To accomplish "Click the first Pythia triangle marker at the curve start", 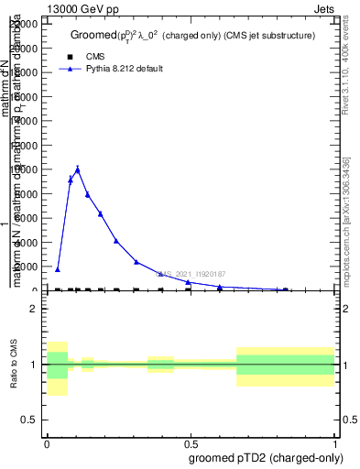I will pos(58,269).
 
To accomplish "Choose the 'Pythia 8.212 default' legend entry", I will pos(124,69).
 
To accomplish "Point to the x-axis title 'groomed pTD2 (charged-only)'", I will pos(267,457).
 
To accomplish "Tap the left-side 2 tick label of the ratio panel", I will pos(33,310).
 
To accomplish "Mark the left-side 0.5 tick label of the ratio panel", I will pos(29,420).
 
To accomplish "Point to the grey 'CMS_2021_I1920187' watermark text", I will pos(190,273).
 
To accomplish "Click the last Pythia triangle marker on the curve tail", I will pos(286,289).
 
